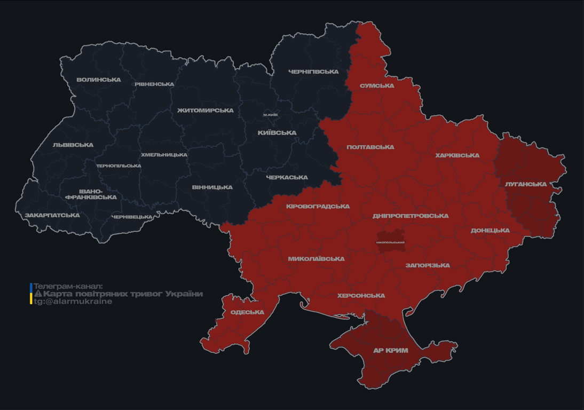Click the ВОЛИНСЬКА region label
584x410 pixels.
[x=99, y=80]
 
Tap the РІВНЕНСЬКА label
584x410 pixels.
[x=154, y=84]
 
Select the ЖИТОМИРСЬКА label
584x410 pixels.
[x=206, y=111]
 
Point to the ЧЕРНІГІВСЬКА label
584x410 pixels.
[x=313, y=72]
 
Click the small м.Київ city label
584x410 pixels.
[x=270, y=115]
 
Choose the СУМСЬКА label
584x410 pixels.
[x=377, y=86]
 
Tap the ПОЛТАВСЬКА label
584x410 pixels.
[x=370, y=147]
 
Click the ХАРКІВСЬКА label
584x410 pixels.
[x=457, y=156]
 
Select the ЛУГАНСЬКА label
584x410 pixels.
[x=526, y=184]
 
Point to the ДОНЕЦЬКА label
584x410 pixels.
[x=490, y=231]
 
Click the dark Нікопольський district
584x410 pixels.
[x=390, y=239]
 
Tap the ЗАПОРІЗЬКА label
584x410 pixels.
[x=428, y=265]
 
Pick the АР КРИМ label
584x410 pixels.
[x=391, y=351]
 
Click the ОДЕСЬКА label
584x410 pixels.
[x=247, y=312]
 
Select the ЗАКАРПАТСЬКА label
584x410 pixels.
[x=52, y=216]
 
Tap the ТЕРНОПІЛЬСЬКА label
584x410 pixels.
[x=119, y=166]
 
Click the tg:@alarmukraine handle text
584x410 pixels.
[x=73, y=302]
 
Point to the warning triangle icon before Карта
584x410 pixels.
[x=38, y=294]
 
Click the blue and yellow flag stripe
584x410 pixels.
[x=31, y=294]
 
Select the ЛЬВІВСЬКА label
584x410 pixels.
[x=73, y=145]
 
